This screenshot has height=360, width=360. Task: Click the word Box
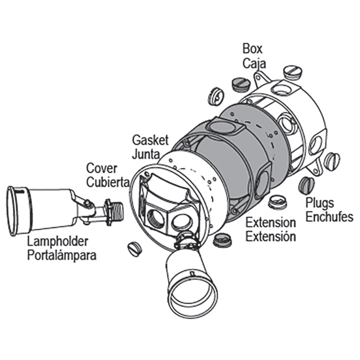[252, 49]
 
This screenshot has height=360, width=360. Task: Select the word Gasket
[150, 140]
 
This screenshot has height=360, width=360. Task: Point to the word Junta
[146, 154]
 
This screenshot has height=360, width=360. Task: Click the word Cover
[102, 168]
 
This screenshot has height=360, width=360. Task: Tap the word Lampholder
[58, 242]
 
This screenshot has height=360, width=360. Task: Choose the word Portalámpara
[62, 256]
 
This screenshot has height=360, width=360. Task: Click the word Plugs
[320, 203]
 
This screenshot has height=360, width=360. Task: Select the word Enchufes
[329, 217]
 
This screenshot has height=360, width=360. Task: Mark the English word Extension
[271, 223]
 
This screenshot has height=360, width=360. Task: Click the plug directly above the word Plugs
[306, 185]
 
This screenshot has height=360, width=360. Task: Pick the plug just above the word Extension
[278, 202]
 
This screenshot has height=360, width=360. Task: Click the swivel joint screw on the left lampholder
[87, 203]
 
